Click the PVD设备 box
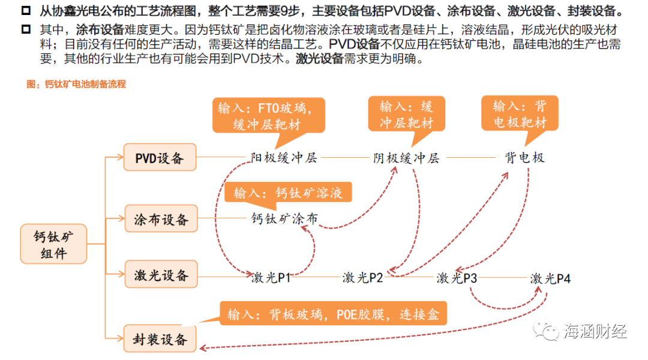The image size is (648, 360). coord(160,158)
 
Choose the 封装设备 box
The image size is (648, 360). coord(160,340)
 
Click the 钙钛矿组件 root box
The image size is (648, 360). coord(54,244)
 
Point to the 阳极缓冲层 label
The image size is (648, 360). coord(284,158)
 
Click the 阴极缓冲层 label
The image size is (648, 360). coord(406,158)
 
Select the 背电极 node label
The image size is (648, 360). coord(524,158)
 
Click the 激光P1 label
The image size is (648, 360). coord(271,277)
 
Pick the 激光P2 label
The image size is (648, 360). coord(362,277)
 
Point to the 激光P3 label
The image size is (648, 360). coord(457,277)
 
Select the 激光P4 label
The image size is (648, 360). coord(550,278)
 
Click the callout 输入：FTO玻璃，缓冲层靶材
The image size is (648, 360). coord(268,116)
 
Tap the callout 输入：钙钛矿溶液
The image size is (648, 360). coord(288,193)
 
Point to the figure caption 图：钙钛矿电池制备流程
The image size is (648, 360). coord(76,85)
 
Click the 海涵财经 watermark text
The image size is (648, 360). coord(595,330)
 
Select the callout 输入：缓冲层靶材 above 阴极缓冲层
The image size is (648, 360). coord(406,115)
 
